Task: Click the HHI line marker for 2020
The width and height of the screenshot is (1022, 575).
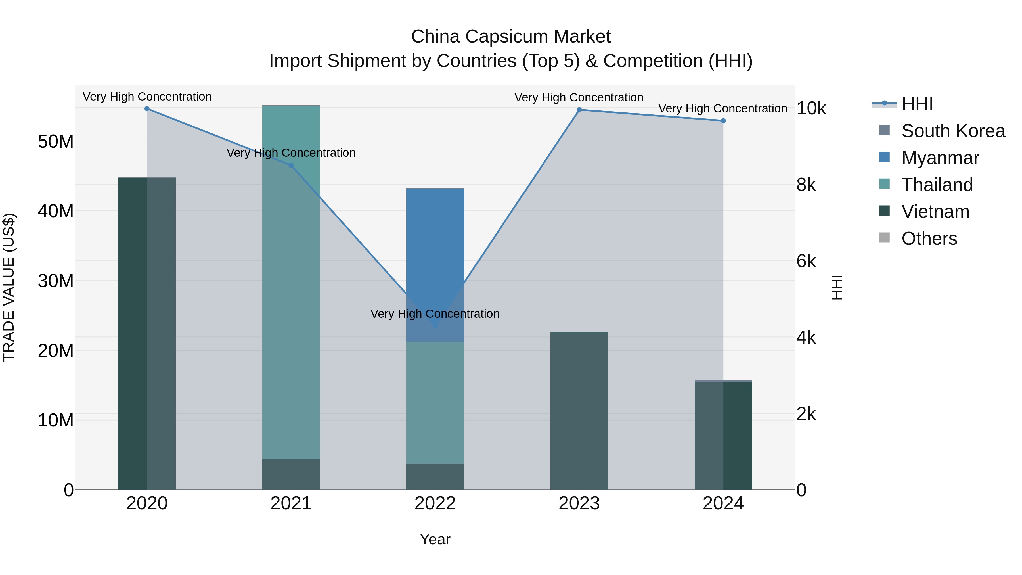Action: pyautogui.click(x=147, y=109)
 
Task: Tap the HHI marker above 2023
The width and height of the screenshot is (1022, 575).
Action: pyautogui.click(x=579, y=110)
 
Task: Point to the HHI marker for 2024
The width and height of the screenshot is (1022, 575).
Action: pyautogui.click(x=723, y=121)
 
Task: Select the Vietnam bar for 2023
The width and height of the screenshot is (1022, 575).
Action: pyautogui.click(x=579, y=411)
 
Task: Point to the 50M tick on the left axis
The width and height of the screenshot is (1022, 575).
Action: pyautogui.click(x=56, y=142)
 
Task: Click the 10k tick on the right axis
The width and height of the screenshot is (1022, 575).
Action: pyautogui.click(x=811, y=108)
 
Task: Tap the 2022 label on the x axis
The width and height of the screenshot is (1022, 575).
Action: pyautogui.click(x=435, y=503)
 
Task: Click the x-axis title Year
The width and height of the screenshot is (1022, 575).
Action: pyautogui.click(x=435, y=539)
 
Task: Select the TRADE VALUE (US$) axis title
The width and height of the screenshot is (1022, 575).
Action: pyautogui.click(x=9, y=287)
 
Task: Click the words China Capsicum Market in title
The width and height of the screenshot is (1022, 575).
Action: pyautogui.click(x=511, y=37)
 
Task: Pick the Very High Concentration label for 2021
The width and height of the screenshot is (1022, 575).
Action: pyautogui.click(x=291, y=153)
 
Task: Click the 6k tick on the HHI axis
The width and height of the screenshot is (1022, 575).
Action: pyautogui.click(x=806, y=261)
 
